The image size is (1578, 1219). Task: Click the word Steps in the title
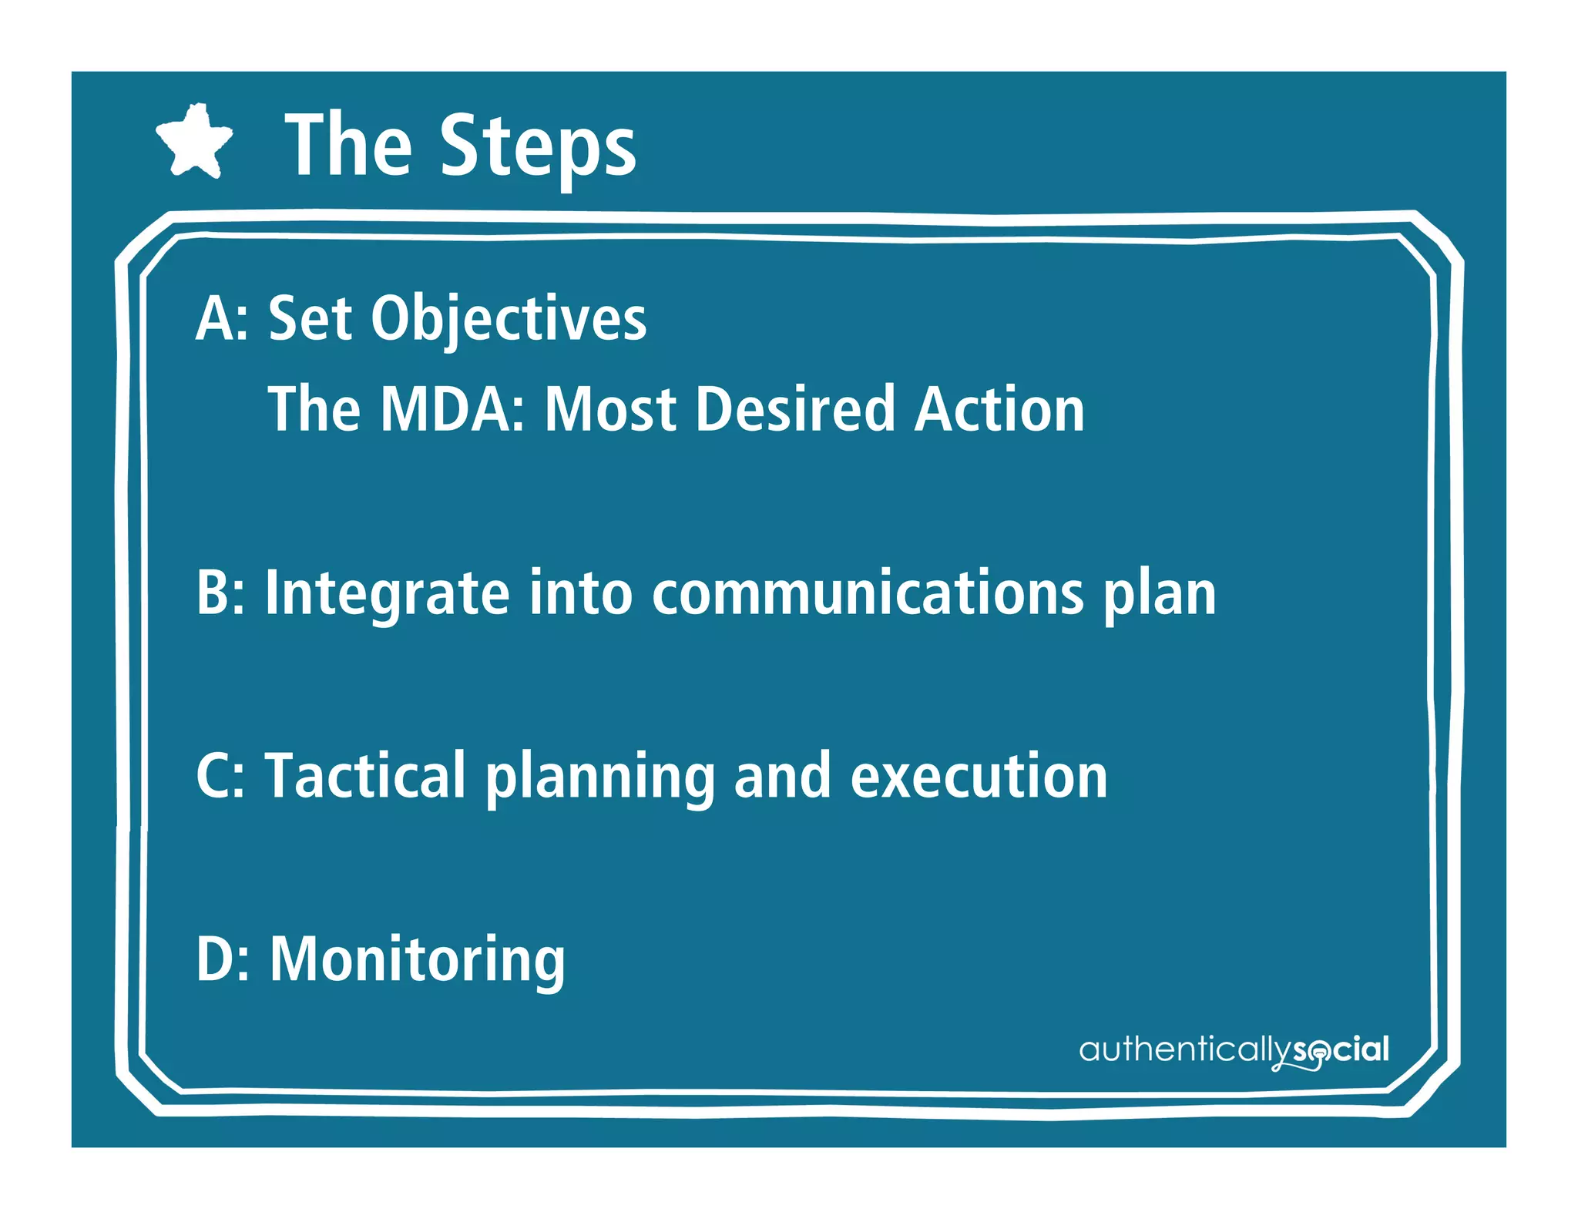click(538, 146)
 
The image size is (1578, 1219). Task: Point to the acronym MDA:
click(453, 409)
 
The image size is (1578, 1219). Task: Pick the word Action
click(999, 409)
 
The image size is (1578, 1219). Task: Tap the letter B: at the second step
click(220, 593)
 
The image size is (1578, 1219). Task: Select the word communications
click(868, 593)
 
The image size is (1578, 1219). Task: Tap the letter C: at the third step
click(220, 776)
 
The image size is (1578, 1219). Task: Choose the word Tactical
click(365, 776)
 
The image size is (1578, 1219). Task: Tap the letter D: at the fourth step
click(222, 959)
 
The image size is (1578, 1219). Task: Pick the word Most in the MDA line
click(610, 409)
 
